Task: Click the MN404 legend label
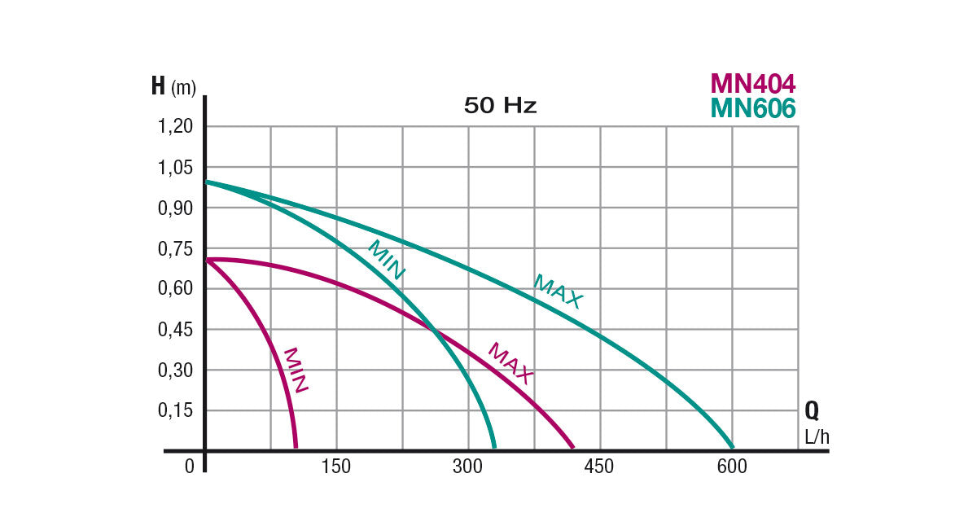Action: click(x=752, y=83)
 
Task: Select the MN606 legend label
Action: click(x=752, y=108)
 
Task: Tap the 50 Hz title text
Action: click(x=500, y=106)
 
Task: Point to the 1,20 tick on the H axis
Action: click(x=176, y=126)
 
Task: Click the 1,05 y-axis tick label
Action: click(x=176, y=167)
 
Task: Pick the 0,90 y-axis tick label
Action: click(x=176, y=208)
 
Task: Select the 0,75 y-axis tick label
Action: click(x=176, y=248)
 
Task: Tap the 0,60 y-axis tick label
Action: click(x=176, y=288)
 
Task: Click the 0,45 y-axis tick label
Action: click(x=176, y=329)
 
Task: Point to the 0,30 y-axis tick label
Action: click(x=176, y=370)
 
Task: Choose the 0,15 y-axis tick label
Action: click(x=176, y=410)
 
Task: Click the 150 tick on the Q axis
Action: click(x=336, y=467)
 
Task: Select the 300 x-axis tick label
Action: click(x=468, y=467)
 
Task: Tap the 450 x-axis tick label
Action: click(x=600, y=467)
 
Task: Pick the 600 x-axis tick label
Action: click(x=732, y=467)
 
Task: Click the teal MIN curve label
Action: click(x=386, y=261)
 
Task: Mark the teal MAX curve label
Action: click(x=559, y=291)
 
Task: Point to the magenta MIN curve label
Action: click(x=295, y=370)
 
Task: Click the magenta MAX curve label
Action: click(x=510, y=363)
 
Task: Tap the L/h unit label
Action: click(x=817, y=437)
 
